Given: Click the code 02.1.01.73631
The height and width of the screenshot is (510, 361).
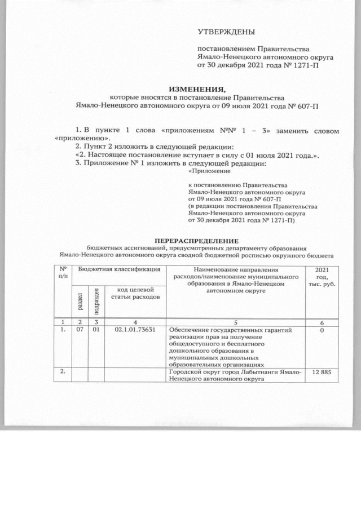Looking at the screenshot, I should pyautogui.click(x=135, y=330).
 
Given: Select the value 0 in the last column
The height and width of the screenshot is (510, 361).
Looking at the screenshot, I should pyautogui.click(x=322, y=330).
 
